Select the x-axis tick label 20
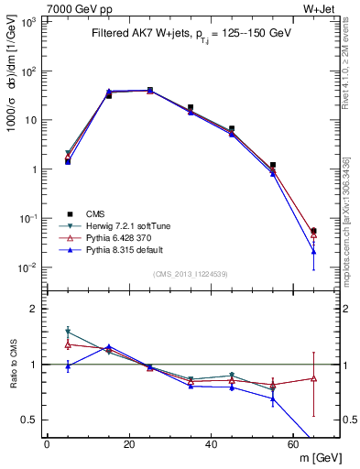(129, 444)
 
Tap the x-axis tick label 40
(212, 444)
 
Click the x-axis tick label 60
(294, 444)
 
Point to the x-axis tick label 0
(47, 444)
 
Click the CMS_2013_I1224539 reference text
(191, 273)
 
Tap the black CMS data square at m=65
(314, 231)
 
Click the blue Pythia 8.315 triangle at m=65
(314, 251)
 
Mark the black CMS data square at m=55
(273, 165)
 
